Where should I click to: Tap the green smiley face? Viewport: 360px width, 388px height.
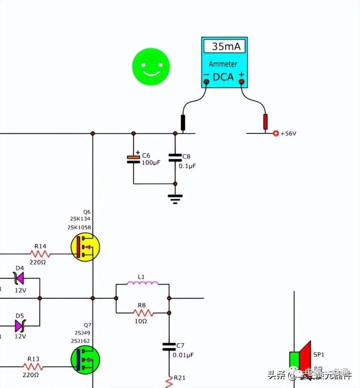(x=151, y=67)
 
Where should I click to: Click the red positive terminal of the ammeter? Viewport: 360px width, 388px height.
(x=241, y=82)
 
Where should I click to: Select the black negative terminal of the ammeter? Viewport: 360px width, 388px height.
(x=206, y=82)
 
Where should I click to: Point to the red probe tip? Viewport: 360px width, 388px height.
(x=265, y=122)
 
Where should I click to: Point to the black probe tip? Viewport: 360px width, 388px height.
(x=183, y=123)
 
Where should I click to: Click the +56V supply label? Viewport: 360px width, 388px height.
(x=288, y=134)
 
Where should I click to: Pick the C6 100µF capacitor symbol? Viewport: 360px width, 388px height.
(x=133, y=160)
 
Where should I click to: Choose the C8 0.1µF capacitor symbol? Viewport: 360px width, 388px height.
(x=175, y=158)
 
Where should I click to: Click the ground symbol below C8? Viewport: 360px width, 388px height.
(x=175, y=198)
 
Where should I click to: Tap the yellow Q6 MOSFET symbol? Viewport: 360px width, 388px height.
(x=85, y=247)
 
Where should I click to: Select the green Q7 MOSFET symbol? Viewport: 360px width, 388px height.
(x=85, y=359)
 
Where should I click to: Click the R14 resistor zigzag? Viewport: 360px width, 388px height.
(x=40, y=254)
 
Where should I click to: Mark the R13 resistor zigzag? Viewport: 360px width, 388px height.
(x=33, y=367)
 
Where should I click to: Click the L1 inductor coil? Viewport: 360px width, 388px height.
(x=143, y=283)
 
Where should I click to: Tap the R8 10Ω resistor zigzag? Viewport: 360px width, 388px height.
(x=143, y=313)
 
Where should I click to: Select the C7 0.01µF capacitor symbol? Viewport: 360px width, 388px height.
(x=169, y=347)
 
